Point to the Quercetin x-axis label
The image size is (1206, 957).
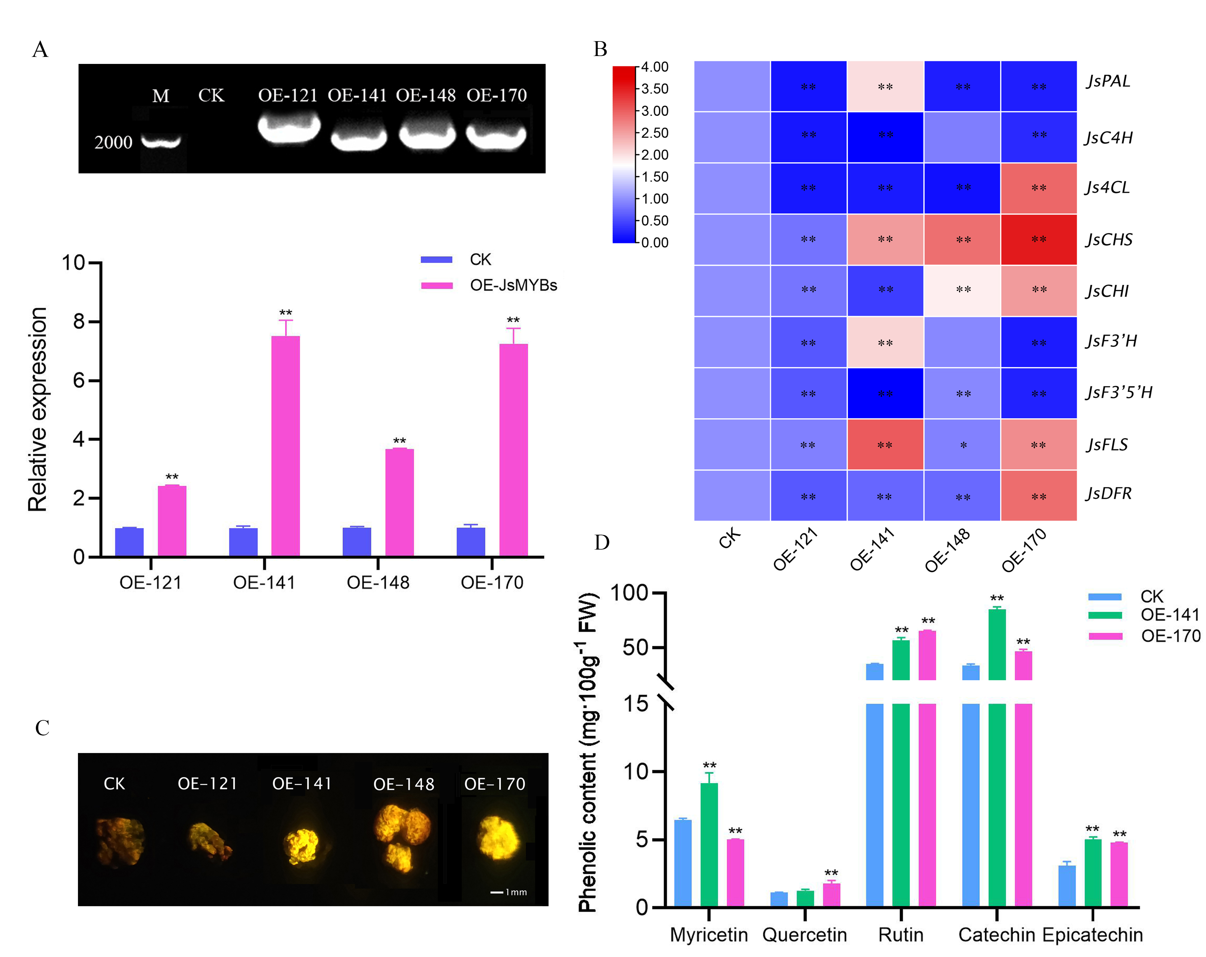point(804,935)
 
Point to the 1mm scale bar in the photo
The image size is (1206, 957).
point(508,892)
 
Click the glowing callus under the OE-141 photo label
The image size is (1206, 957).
point(302,845)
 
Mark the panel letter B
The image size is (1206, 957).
point(600,49)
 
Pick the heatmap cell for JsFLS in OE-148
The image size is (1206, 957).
point(962,445)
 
